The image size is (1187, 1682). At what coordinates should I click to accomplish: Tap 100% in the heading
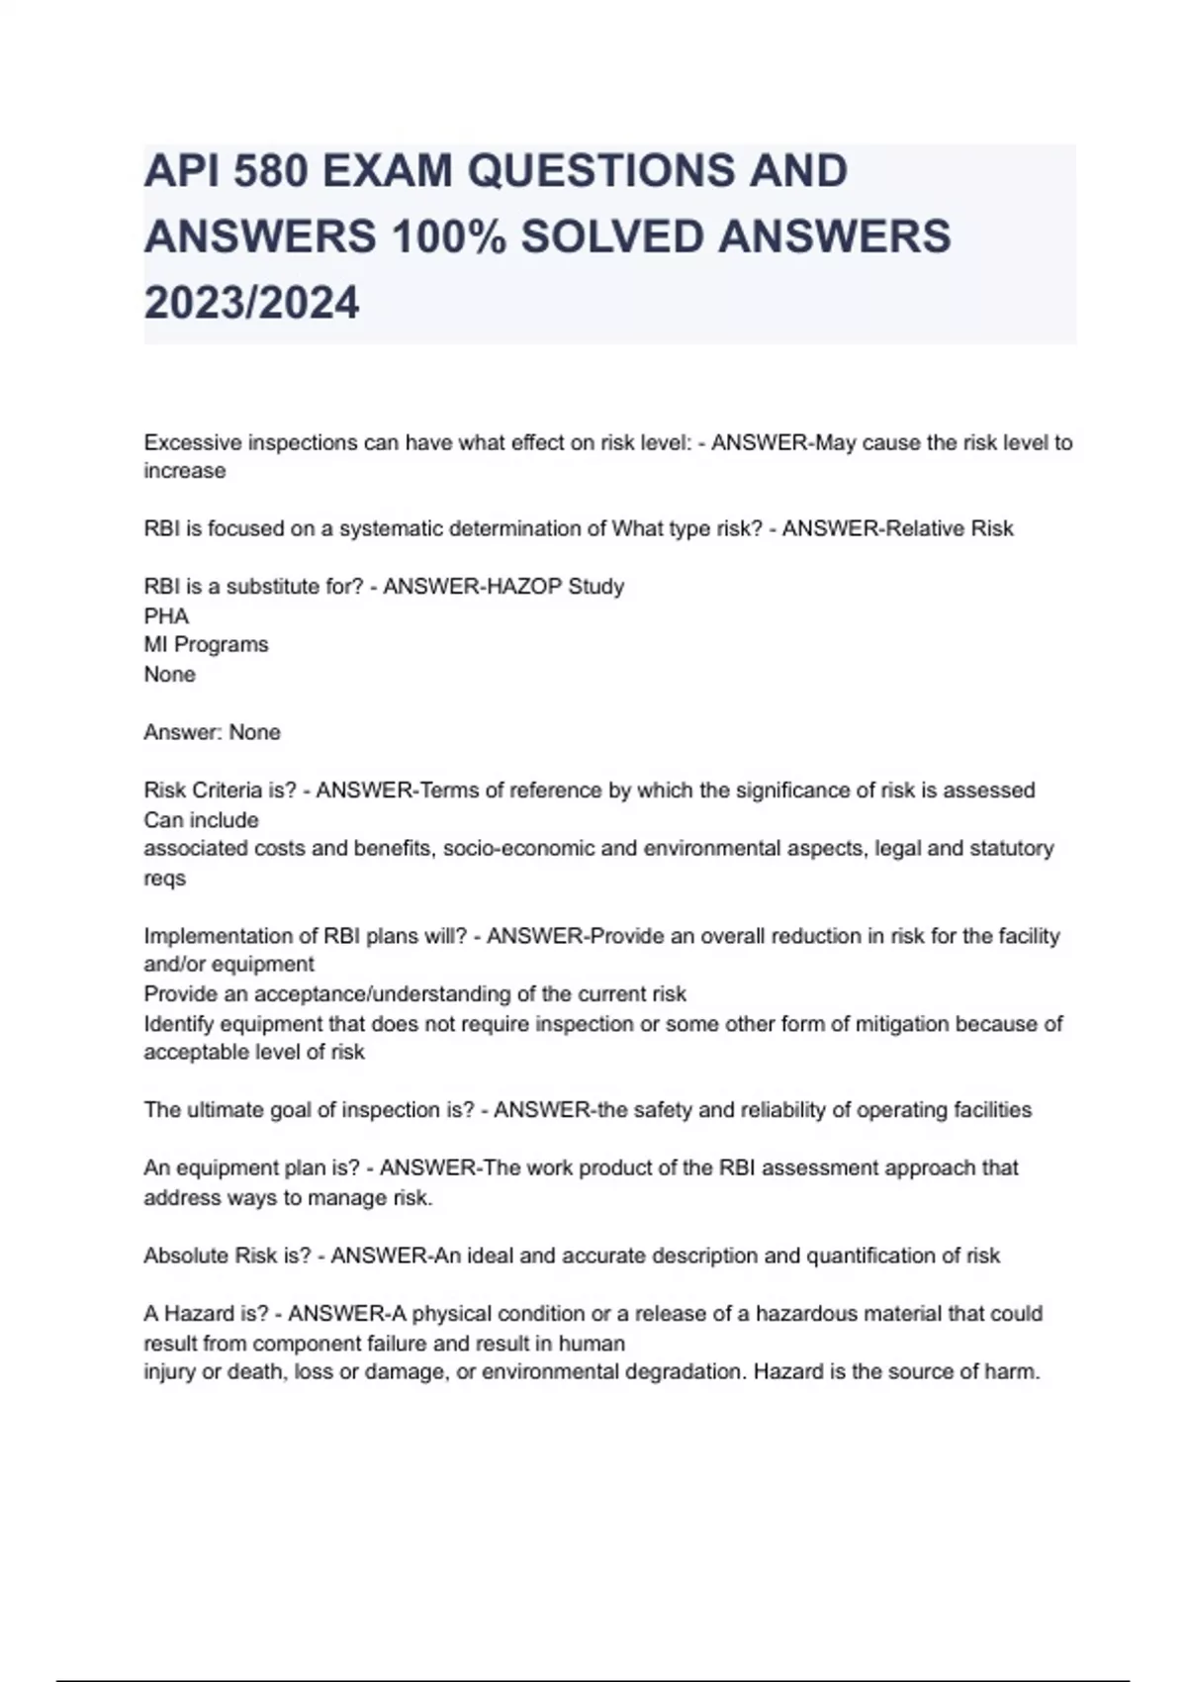pyautogui.click(x=448, y=237)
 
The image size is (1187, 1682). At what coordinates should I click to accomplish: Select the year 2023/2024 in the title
pyautogui.click(x=251, y=303)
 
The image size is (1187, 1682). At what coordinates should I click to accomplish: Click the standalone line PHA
pyautogui.click(x=166, y=616)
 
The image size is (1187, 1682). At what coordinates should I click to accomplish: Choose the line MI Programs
pyautogui.click(x=206, y=645)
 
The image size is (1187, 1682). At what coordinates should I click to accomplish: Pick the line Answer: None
pyautogui.click(x=212, y=732)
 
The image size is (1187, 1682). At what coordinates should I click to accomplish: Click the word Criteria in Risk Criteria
pyautogui.click(x=228, y=791)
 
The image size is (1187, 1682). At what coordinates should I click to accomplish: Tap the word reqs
pyautogui.click(x=164, y=879)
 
